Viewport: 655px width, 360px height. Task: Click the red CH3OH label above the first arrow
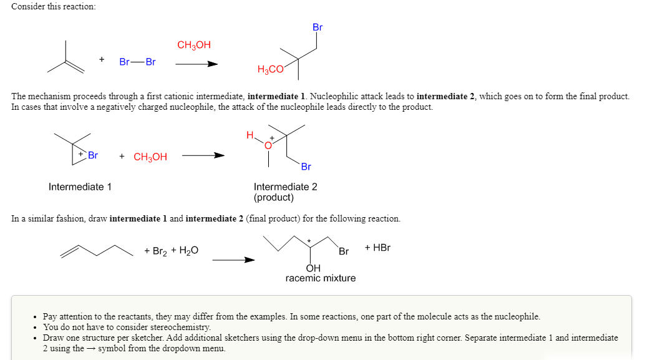194,45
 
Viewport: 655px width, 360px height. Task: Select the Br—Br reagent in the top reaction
137,62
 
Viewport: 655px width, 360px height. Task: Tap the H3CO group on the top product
270,70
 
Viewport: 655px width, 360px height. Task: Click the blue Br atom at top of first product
318,27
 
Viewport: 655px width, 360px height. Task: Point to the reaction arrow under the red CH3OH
196,64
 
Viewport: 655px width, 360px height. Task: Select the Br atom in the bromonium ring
93,155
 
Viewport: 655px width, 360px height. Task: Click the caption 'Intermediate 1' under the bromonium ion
80,187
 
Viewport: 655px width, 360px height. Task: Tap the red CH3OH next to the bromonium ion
150,157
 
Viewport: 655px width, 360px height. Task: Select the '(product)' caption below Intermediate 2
273,198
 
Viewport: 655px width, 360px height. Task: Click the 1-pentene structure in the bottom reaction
97,250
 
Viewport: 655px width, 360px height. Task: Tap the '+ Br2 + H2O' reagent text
171,251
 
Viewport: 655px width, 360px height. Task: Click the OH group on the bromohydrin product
313,268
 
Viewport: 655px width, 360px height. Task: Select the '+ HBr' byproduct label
377,247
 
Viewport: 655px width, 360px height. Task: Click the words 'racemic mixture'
320,278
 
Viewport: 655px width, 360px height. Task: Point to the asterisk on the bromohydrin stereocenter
308,240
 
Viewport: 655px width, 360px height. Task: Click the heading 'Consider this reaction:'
53,6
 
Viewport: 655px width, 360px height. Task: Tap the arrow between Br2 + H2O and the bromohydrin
233,260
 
